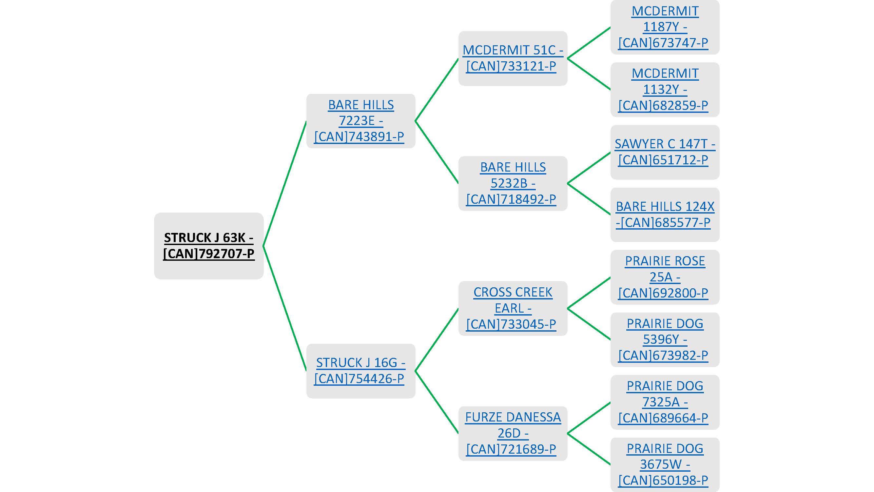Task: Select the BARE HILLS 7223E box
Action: coord(361,121)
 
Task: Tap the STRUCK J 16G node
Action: coord(361,371)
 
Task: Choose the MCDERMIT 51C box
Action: coord(513,58)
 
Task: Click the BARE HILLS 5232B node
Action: coord(513,183)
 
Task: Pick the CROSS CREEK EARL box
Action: coord(513,308)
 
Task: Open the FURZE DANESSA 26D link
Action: coord(513,433)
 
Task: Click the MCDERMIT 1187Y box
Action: coord(665,27)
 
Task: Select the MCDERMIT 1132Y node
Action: coord(665,90)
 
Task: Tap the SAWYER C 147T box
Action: coord(665,152)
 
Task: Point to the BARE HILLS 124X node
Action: coord(665,215)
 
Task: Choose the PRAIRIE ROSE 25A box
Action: coord(665,277)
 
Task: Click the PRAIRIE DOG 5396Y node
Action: coord(665,339)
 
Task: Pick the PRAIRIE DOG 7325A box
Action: coord(665,402)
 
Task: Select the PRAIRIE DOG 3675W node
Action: coord(665,464)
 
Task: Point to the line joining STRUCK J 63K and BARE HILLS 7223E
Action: coord(285,183)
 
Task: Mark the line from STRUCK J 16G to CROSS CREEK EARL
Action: coord(437,339)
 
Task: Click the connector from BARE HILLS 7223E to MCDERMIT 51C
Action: coord(437,90)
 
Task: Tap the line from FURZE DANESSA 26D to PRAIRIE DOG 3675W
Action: coord(589,449)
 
